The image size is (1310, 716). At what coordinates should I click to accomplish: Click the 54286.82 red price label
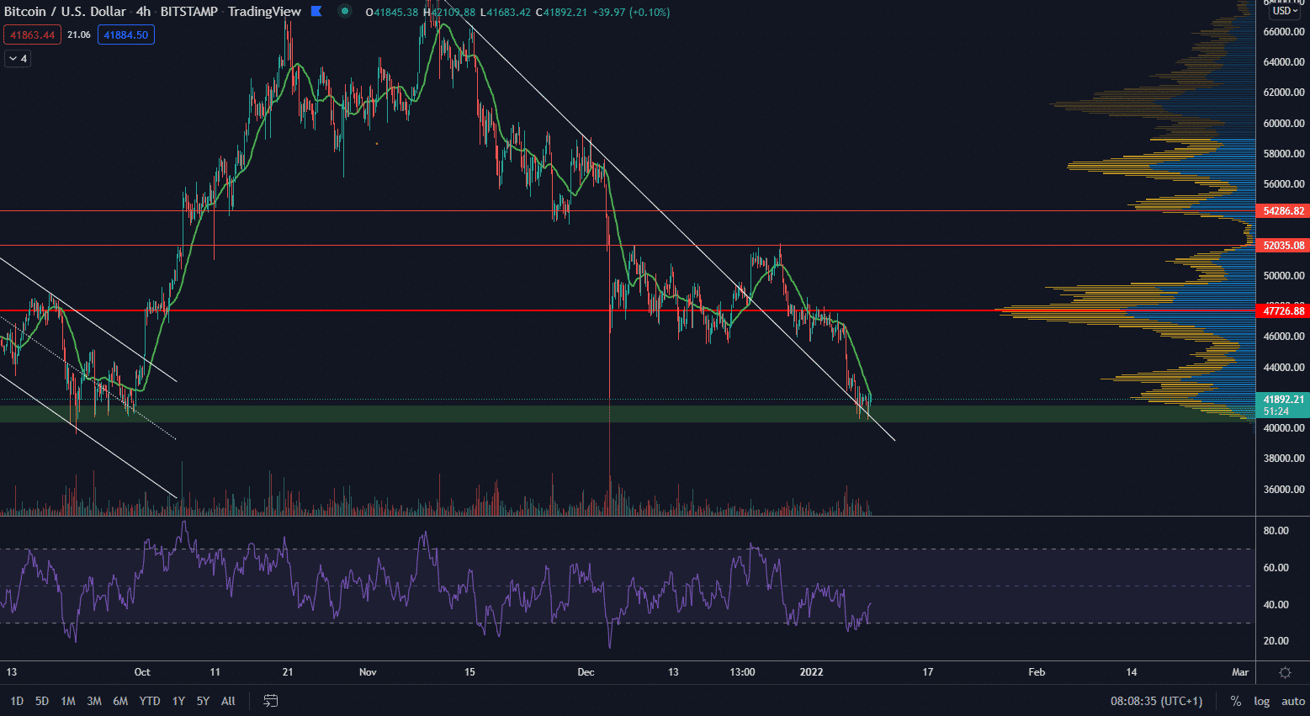1283,211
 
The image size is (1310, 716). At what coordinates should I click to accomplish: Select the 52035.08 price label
1283,246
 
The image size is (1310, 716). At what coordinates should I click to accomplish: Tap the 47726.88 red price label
1283,311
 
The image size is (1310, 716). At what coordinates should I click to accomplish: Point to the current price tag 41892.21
1283,400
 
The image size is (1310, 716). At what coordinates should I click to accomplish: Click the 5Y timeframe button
203,701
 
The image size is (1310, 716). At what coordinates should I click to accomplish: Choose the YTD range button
150,701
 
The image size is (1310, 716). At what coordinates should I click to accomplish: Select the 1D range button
17,701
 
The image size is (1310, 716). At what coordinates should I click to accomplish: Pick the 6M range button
120,701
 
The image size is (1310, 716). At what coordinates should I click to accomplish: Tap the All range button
228,701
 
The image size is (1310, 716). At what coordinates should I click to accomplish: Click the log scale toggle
1261,701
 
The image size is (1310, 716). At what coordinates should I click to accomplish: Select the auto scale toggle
1293,701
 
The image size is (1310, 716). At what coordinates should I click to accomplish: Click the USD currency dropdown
1286,11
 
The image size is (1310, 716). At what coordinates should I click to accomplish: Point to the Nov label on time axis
368,672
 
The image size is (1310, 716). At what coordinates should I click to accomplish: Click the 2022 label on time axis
811,672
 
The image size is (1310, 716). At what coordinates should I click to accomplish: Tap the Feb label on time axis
1037,672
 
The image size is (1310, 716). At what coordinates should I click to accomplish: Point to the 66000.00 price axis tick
1284,32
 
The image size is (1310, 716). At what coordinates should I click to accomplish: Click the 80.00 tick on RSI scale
1276,531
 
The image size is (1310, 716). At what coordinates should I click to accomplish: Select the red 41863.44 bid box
33,35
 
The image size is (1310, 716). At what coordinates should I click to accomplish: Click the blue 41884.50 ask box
126,35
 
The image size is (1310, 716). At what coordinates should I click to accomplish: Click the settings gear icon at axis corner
1285,672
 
